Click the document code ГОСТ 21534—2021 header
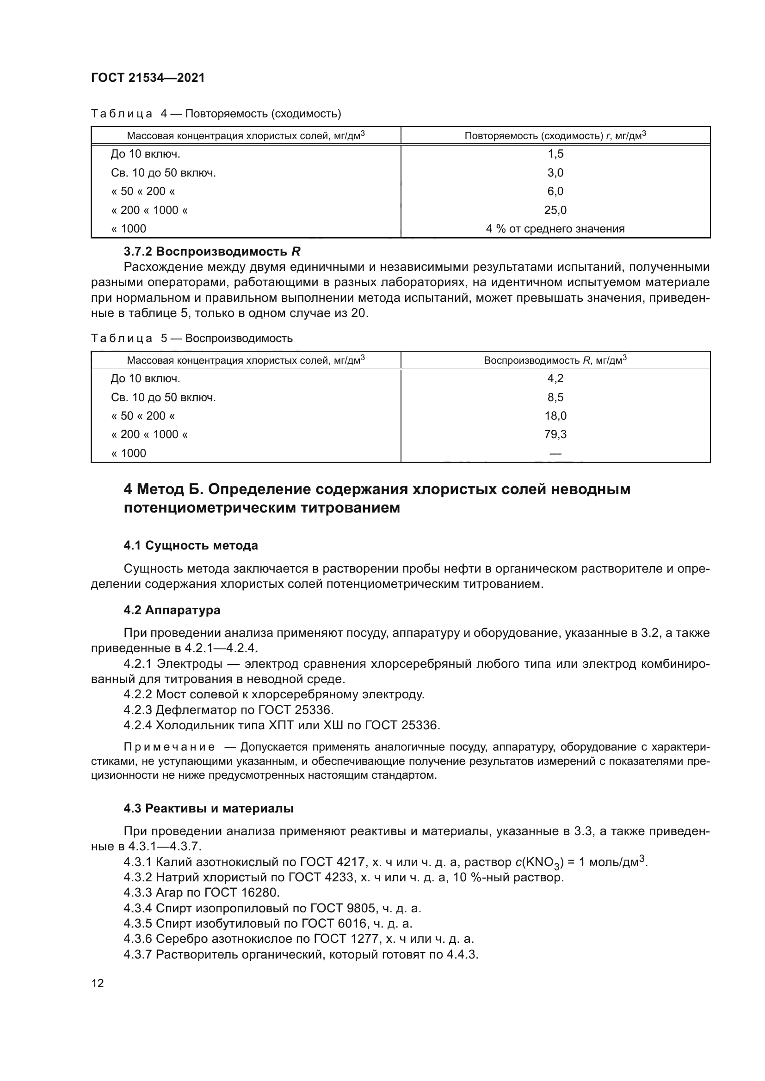(148, 78)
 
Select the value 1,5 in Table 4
(555, 154)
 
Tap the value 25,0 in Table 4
(555, 210)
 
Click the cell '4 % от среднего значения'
(555, 229)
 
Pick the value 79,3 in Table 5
(555, 434)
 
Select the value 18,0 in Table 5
(555, 416)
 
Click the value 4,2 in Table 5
(555, 379)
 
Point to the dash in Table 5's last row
(555, 454)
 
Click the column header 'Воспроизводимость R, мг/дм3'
(555, 360)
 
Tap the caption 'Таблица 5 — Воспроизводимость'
(192, 338)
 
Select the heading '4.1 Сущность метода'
(191, 546)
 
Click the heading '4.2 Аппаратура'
(172, 610)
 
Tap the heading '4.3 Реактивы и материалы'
(209, 808)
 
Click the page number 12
(98, 983)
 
